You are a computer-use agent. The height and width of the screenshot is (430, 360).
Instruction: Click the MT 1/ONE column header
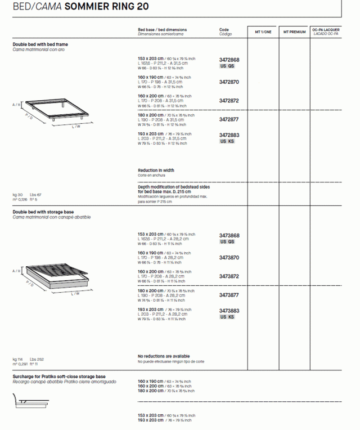[x=263, y=32]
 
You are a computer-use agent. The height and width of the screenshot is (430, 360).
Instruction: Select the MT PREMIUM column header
[x=294, y=32]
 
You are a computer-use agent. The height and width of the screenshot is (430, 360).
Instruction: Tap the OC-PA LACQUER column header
[x=326, y=32]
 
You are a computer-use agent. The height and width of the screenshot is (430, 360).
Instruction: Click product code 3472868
[x=229, y=59]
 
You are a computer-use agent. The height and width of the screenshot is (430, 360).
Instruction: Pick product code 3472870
[x=229, y=82]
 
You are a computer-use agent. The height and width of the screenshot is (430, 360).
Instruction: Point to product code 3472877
[x=229, y=119]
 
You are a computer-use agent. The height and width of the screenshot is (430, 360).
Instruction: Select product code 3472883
[x=229, y=135]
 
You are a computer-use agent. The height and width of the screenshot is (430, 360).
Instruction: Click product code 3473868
[x=229, y=235]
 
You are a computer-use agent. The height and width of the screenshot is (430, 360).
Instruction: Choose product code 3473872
[x=229, y=276]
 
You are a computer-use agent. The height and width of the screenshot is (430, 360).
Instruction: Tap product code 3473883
[x=229, y=311]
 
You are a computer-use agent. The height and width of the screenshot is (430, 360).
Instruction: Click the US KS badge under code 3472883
[x=227, y=141]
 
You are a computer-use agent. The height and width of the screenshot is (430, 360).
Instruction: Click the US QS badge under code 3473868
[x=227, y=241]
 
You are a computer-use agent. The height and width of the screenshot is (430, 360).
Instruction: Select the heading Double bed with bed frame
[x=40, y=44]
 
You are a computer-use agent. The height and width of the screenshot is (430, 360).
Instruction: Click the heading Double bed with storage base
[x=43, y=212]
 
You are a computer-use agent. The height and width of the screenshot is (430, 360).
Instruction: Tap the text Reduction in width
[x=156, y=170]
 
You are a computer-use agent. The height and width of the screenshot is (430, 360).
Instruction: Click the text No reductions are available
[x=164, y=356]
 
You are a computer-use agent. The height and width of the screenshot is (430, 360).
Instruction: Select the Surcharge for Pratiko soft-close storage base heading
[x=59, y=377]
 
